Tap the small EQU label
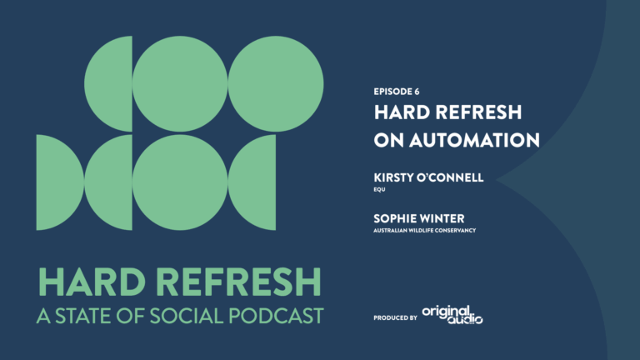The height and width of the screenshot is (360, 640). pyautogui.click(x=379, y=189)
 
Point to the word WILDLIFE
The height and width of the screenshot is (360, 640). pyautogui.click(x=424, y=230)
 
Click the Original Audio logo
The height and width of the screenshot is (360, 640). pyautogui.click(x=452, y=313)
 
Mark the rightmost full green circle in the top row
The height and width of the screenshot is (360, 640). pyautogui.click(x=275, y=83)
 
